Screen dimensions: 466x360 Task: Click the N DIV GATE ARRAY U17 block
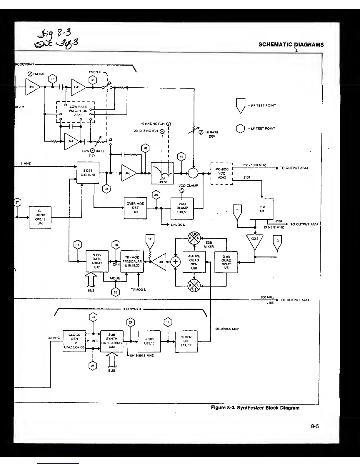(x=97, y=261)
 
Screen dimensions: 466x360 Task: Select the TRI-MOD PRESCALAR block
(x=132, y=261)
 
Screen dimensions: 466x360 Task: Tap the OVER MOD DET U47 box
(x=135, y=208)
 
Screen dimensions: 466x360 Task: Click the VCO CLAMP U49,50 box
(x=182, y=208)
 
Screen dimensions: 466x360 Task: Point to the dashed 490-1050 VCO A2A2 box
(x=222, y=174)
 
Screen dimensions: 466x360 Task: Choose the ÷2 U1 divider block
(x=261, y=209)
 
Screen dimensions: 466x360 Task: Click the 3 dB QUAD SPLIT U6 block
(x=226, y=262)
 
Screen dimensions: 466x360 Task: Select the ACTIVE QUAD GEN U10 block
(x=194, y=262)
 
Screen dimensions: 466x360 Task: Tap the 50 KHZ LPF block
(x=186, y=341)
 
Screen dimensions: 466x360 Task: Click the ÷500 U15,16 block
(x=149, y=341)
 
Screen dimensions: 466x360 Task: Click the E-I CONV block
(x=40, y=217)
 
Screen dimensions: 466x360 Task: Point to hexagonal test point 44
(x=181, y=157)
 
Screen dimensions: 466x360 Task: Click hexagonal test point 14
(x=78, y=245)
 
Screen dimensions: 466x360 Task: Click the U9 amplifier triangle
(x=159, y=261)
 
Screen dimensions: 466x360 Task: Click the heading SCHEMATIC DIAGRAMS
(x=291, y=45)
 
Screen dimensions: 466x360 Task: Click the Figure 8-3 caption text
(x=255, y=408)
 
